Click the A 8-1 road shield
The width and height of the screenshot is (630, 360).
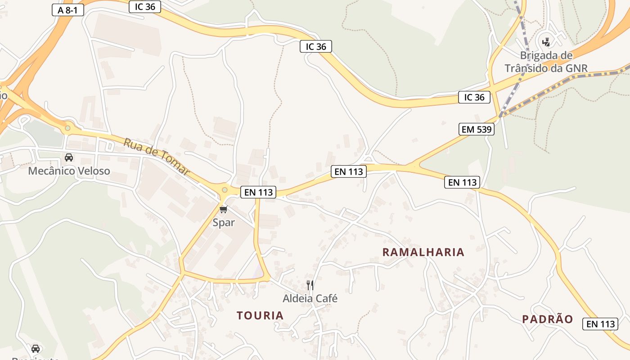(x=68, y=10)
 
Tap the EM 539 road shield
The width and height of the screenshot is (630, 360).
(x=477, y=130)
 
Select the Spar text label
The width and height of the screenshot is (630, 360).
(x=224, y=223)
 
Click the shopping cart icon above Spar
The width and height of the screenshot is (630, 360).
(x=224, y=209)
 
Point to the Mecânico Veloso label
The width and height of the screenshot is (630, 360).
(x=69, y=171)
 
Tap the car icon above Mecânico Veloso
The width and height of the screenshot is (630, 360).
(x=69, y=157)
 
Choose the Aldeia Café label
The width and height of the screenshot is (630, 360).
(x=310, y=298)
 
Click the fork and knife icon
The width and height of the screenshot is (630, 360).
(x=310, y=285)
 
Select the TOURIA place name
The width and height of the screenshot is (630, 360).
(x=260, y=316)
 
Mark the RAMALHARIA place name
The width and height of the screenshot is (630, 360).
(x=423, y=252)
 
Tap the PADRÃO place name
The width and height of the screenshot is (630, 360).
(x=548, y=319)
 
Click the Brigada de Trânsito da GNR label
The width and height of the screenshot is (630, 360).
(x=546, y=62)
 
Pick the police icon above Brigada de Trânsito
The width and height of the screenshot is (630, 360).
(x=546, y=42)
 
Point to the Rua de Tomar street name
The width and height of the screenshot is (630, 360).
(x=157, y=157)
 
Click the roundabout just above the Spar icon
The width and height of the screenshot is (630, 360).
(x=225, y=190)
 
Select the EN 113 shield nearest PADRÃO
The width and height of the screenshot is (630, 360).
(x=600, y=324)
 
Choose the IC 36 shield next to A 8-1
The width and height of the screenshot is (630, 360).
(x=145, y=7)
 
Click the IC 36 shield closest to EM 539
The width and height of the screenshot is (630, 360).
(x=474, y=97)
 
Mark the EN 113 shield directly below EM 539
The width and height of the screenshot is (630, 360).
(x=462, y=182)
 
